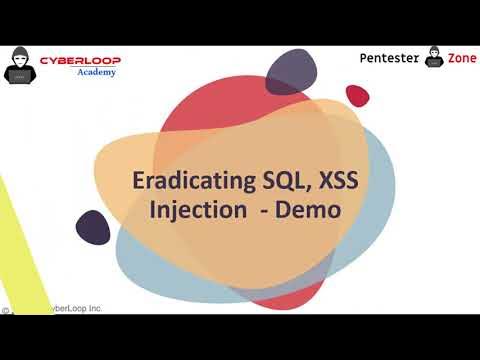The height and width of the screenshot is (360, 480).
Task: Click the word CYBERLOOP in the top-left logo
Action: [79, 61]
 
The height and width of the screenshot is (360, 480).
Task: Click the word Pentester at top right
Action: [390, 59]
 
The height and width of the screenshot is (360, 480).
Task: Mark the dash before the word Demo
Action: [266, 212]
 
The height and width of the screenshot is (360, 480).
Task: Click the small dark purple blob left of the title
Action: [92, 227]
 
